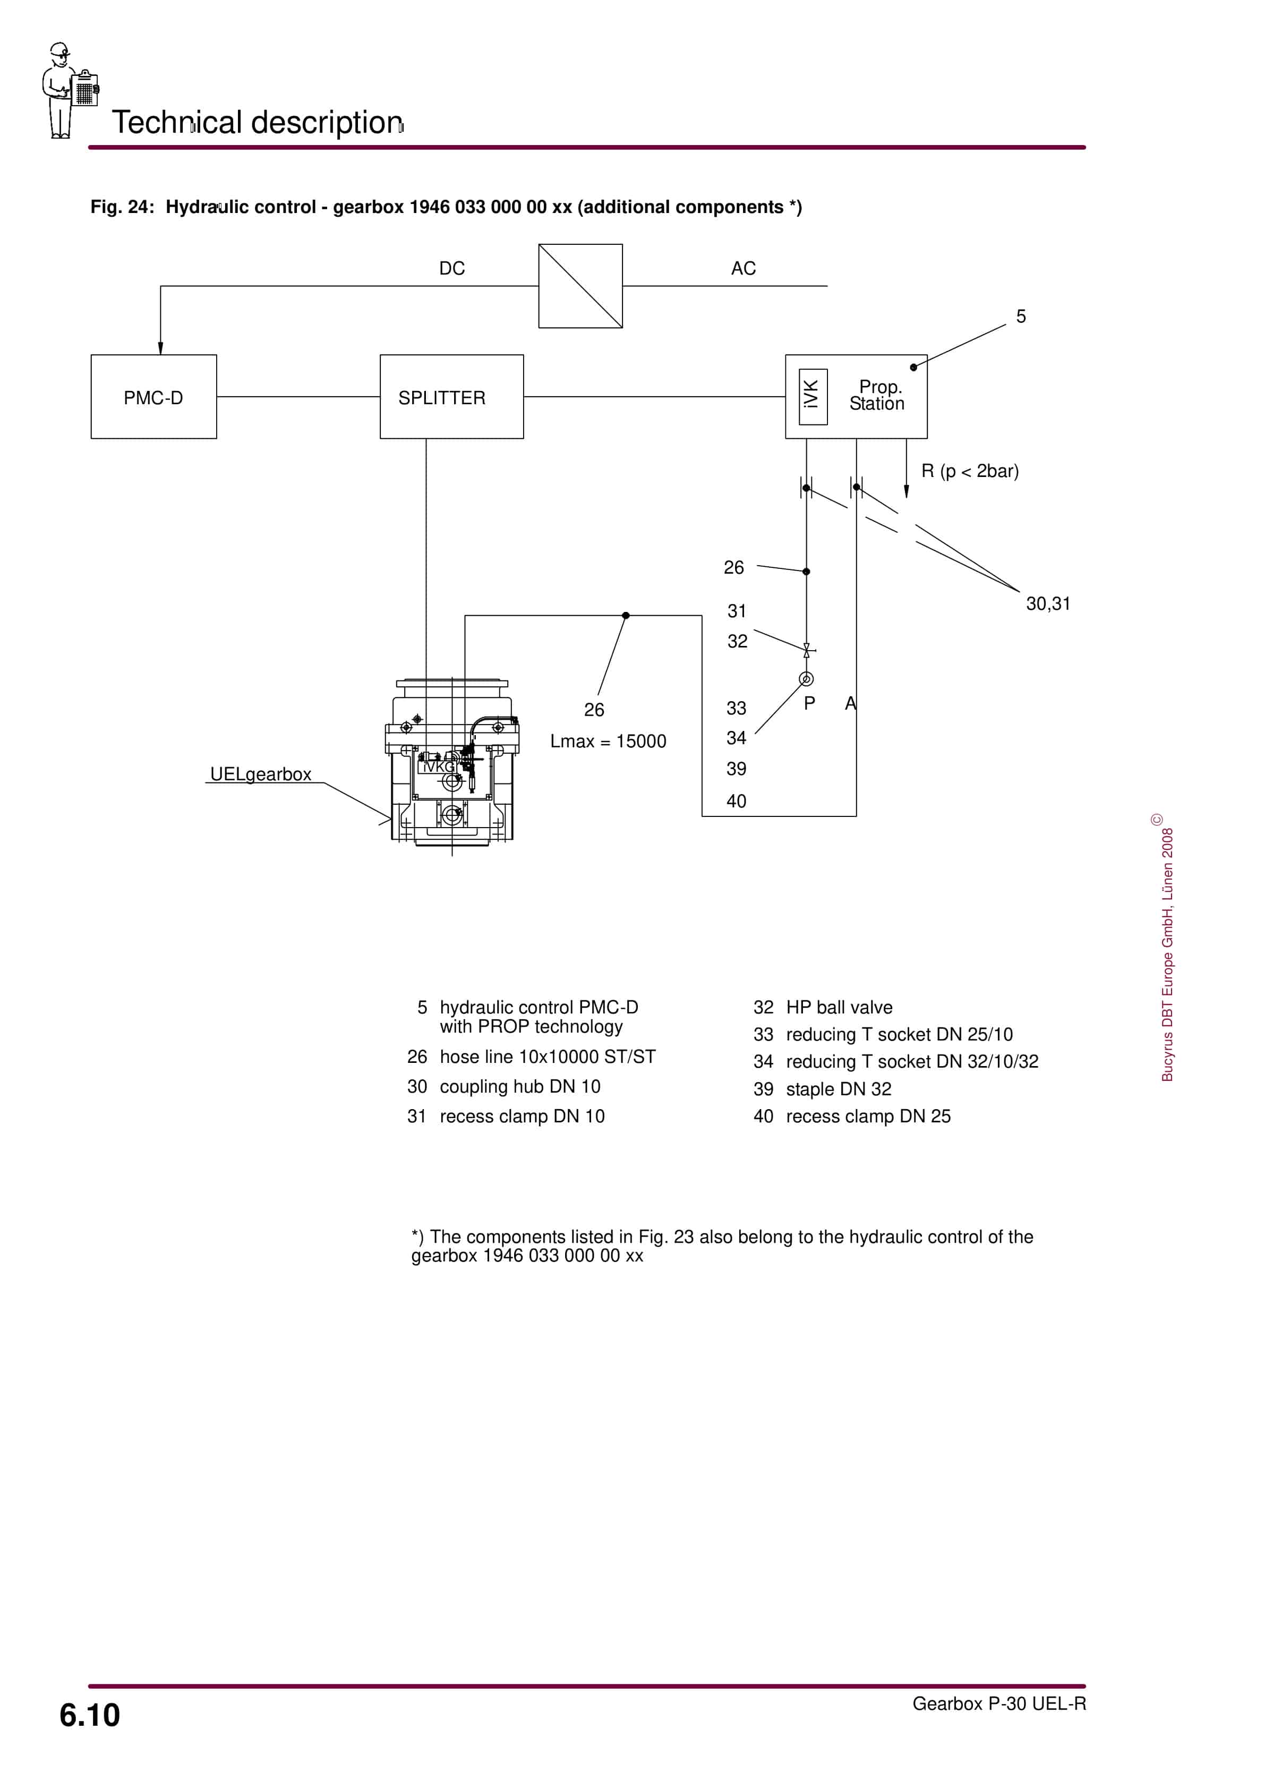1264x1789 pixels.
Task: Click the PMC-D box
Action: [153, 397]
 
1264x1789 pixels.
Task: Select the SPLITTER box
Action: [451, 397]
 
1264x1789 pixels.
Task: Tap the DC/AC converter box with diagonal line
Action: [580, 286]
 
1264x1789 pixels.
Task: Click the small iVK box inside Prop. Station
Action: [813, 397]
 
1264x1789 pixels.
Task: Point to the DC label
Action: [452, 268]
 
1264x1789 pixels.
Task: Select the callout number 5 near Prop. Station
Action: [1021, 317]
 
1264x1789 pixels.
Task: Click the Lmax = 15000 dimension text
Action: [608, 741]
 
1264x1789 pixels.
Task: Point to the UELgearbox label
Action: [260, 774]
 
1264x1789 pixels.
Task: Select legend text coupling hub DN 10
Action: [520, 1086]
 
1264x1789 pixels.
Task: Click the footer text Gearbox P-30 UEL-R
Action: [998, 1703]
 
